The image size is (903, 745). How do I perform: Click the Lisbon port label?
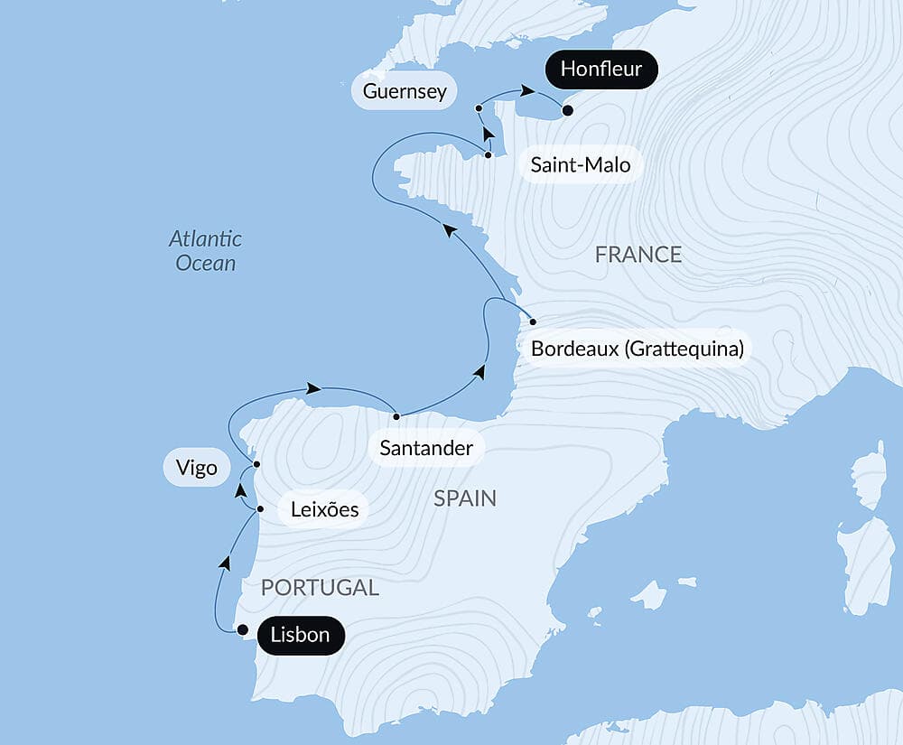pos(301,635)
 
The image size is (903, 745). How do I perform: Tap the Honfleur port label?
pos(600,69)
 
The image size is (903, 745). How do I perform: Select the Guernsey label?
pos(405,91)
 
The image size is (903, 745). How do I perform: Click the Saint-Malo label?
pos(581,165)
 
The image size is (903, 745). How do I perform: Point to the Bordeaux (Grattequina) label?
pos(638,349)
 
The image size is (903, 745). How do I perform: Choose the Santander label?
pos(426,448)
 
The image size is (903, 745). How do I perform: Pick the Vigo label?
pos(197,468)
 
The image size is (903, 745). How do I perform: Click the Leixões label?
pos(324,509)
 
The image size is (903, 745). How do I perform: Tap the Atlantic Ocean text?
pos(206,251)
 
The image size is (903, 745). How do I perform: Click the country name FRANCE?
pos(638,255)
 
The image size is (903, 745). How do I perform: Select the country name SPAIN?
pos(465,498)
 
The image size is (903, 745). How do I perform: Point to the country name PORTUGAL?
pos(320,587)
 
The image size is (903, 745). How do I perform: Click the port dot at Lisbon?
pos(242,630)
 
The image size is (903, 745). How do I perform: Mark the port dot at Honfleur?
pos(567,111)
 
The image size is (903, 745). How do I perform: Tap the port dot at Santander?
pos(396,416)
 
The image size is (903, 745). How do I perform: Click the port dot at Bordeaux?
pos(533,322)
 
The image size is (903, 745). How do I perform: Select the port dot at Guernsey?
pos(479,108)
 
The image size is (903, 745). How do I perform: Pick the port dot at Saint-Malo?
pos(489,155)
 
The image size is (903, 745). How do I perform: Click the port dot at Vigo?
pos(256,464)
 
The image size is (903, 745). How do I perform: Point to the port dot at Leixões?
pos(260,509)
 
